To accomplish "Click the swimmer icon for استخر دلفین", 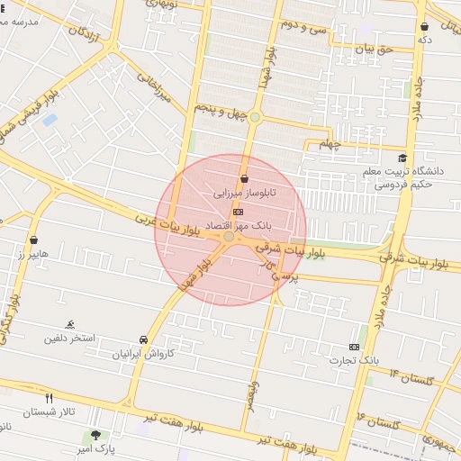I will point(70,324).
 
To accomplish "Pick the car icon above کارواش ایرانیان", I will point(144,339).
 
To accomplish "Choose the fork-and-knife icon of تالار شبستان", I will point(50,398).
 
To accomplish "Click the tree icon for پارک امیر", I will point(95,435).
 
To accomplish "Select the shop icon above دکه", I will point(424,26).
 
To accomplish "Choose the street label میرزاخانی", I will point(153,88).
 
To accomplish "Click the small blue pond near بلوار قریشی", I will point(49,119).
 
